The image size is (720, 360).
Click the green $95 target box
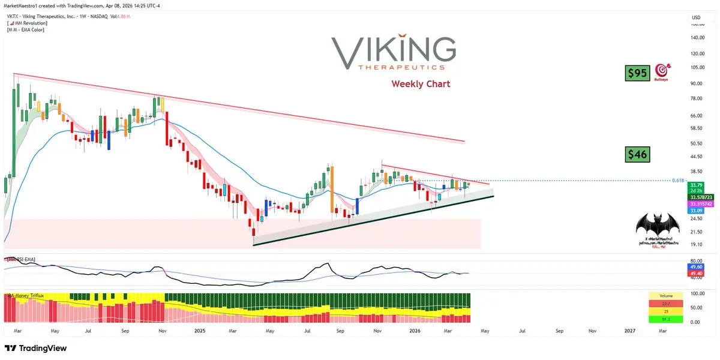point(637,74)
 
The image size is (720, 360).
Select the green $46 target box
point(637,154)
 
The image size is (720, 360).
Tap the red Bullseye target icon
point(663,71)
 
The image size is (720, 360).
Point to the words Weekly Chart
point(421,83)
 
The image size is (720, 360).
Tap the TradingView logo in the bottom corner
point(36,348)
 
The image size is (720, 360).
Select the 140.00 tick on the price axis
point(697,37)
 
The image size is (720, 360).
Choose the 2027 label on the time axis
point(631,331)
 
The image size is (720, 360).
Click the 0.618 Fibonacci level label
point(678,180)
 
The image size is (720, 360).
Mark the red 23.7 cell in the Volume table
point(665,304)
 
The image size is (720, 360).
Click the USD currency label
point(696,17)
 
